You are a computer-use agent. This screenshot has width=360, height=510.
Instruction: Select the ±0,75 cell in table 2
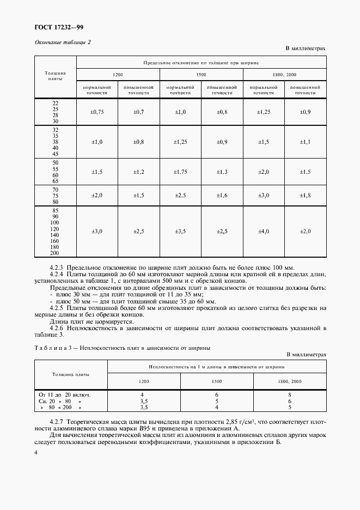(97, 112)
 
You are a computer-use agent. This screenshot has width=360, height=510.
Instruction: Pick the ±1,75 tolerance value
(180, 172)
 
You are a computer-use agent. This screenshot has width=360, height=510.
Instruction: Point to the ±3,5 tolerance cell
(180, 231)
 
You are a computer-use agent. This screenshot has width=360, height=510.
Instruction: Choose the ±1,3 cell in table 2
(222, 172)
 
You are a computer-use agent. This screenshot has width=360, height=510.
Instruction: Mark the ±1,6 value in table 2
(222, 195)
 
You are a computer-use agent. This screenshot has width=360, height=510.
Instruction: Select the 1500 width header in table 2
(201, 74)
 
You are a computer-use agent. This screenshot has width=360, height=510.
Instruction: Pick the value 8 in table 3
(290, 394)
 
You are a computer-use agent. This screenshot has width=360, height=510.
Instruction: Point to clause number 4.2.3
(57, 268)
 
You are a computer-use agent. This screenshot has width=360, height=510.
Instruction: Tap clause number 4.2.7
(57, 422)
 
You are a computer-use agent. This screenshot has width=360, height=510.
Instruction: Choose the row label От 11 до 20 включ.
(64, 394)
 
